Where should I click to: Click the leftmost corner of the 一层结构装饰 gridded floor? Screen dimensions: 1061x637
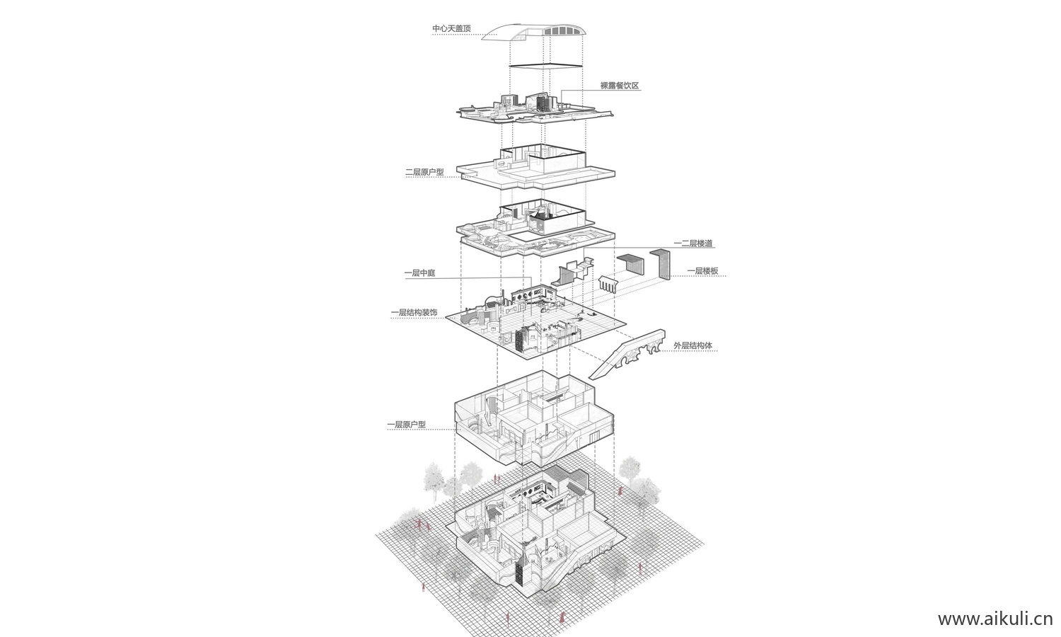(446, 318)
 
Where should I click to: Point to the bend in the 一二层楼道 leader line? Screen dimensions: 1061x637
(584, 248)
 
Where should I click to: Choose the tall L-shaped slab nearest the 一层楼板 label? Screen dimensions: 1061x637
(661, 264)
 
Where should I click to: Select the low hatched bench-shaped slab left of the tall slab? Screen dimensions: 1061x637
(632, 263)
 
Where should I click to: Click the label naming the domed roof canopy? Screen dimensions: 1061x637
(452, 29)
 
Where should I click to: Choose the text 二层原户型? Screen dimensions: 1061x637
(425, 172)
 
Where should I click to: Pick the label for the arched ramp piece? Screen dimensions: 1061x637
(693, 345)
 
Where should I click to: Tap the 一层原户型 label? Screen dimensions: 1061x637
(407, 424)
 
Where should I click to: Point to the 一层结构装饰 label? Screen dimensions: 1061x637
(414, 313)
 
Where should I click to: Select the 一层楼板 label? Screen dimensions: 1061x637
(703, 271)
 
